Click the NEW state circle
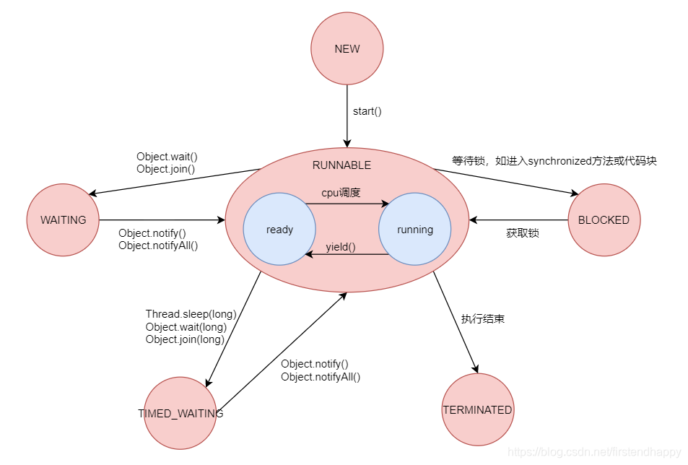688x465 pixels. pyautogui.click(x=347, y=49)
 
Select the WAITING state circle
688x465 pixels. pyautogui.click(x=63, y=220)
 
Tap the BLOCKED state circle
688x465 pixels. pyautogui.click(x=604, y=220)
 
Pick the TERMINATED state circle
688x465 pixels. pyautogui.click(x=477, y=410)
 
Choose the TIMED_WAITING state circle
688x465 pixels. pyautogui.click(x=180, y=414)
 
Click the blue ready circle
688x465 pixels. pyautogui.click(x=279, y=230)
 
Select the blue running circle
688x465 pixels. pyautogui.click(x=414, y=230)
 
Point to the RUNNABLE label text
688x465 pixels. pyautogui.click(x=341, y=165)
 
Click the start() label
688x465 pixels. pyautogui.click(x=367, y=111)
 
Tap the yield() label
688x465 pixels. pyautogui.click(x=341, y=247)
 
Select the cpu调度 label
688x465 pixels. pyautogui.click(x=341, y=193)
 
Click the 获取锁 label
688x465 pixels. pyautogui.click(x=522, y=233)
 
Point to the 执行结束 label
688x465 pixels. pyautogui.click(x=482, y=318)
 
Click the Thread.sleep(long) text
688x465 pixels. pyautogui.click(x=191, y=313)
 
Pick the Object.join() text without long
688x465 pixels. pyautogui.click(x=165, y=169)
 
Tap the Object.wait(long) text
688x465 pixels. pyautogui.click(x=186, y=326)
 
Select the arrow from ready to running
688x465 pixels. pyautogui.click(x=347, y=204)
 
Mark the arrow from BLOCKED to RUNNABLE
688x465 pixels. pyautogui.click(x=518, y=220)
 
